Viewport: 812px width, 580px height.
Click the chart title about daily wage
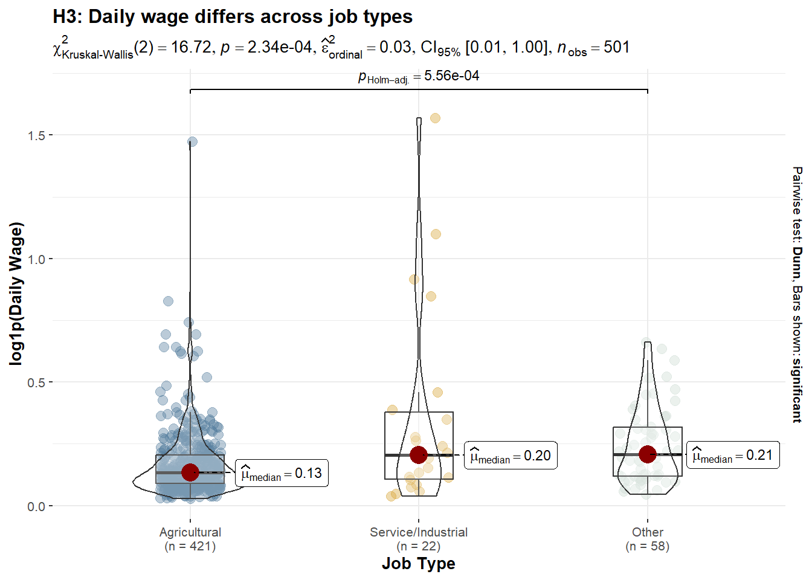[233, 17]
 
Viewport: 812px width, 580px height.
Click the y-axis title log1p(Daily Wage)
[16, 294]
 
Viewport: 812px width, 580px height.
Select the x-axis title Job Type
[418, 564]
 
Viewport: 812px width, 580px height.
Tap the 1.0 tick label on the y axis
[36, 259]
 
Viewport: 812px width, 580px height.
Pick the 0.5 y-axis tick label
[36, 382]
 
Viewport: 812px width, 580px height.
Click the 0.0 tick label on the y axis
[36, 506]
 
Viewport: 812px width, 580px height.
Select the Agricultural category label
[190, 532]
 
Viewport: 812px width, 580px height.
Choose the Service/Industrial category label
[419, 532]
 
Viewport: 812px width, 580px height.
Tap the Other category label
[648, 532]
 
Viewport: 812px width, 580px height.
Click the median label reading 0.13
[282, 474]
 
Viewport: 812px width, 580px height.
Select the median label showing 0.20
[511, 456]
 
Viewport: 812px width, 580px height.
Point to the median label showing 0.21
[733, 456]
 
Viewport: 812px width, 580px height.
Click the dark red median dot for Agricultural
[190, 472]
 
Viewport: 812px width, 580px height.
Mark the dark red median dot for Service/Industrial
[419, 455]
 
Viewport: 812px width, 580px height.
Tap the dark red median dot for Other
[648, 454]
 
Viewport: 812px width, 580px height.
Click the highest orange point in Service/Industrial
[435, 118]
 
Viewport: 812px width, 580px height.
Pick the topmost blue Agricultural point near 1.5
[192, 142]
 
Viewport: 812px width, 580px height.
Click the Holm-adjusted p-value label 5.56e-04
[419, 76]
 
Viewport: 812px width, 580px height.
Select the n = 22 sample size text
[419, 546]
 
